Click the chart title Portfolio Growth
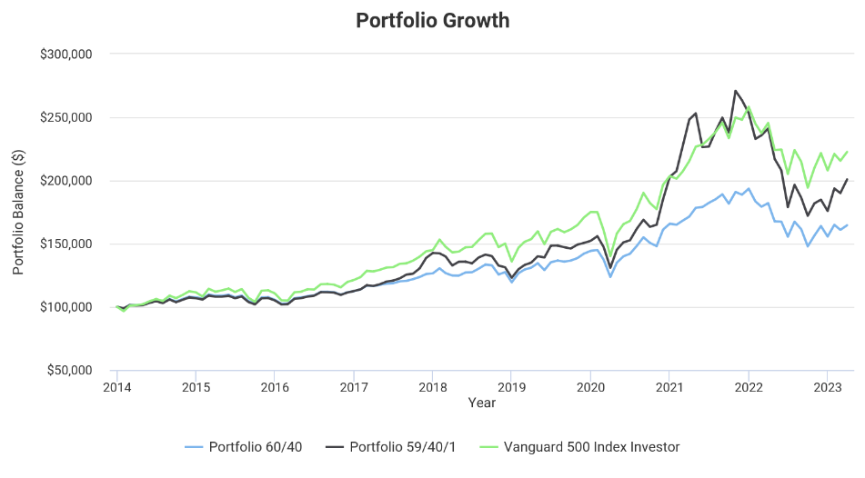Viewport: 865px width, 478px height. (x=432, y=20)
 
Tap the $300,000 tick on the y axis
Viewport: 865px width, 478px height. (x=66, y=55)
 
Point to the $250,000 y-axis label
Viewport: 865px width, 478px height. (x=66, y=117)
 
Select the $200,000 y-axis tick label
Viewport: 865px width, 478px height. (x=66, y=181)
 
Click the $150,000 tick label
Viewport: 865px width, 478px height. (x=66, y=244)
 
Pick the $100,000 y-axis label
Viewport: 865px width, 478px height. (x=66, y=307)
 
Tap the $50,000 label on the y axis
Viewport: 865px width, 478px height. (x=70, y=370)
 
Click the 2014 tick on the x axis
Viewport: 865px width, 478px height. (x=116, y=386)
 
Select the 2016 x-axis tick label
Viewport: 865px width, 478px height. (x=275, y=386)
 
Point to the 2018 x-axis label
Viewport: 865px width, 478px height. (x=432, y=386)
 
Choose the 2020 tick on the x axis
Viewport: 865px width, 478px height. (x=590, y=386)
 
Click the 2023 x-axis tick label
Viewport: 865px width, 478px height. (x=827, y=386)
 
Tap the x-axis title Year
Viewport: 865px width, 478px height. (x=481, y=402)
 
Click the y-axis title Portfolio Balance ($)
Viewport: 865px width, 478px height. (x=19, y=212)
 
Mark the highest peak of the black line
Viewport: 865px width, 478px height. (x=735, y=91)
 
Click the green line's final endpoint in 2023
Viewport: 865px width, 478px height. (x=847, y=152)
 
